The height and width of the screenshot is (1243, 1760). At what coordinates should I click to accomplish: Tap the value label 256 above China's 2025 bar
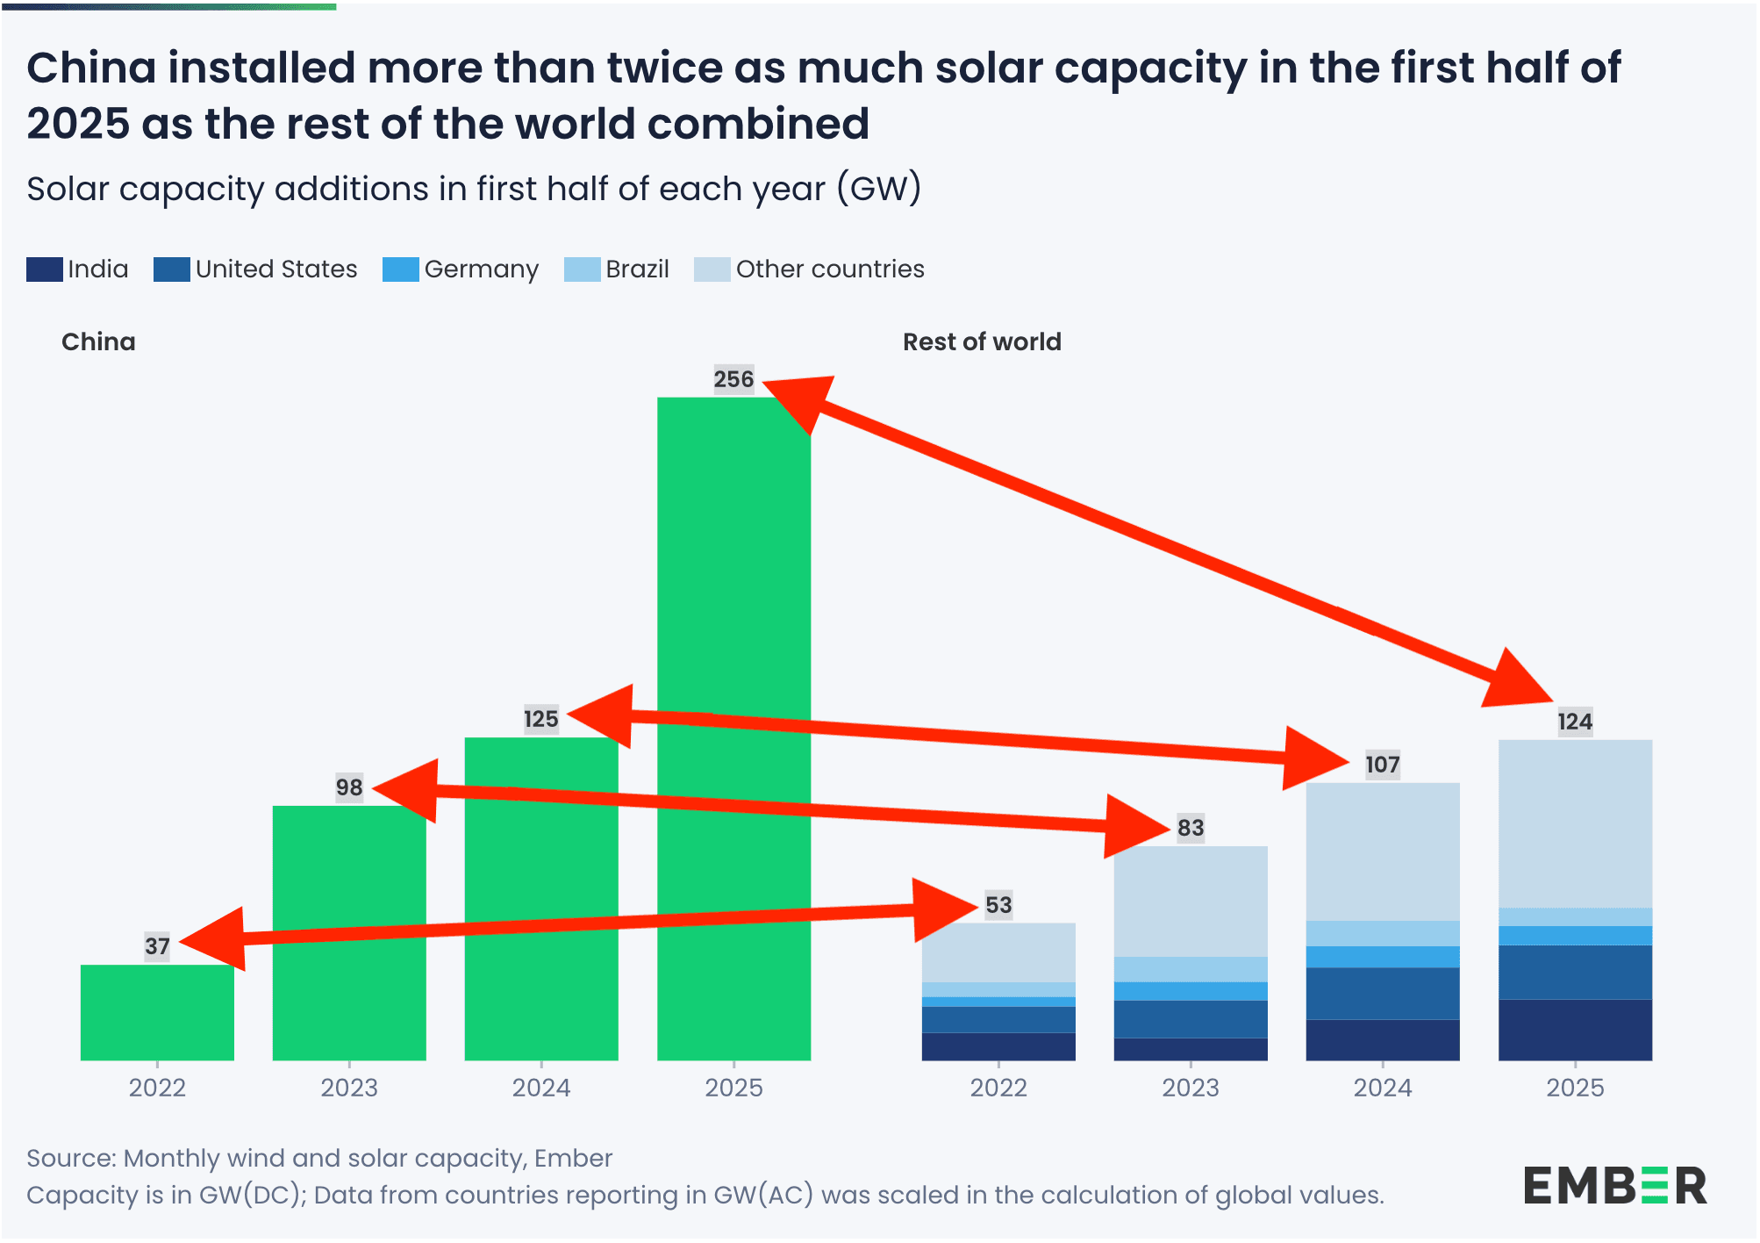point(733,379)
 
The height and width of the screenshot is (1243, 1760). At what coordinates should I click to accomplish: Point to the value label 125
point(540,719)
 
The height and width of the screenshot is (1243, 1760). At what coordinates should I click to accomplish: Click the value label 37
point(157,946)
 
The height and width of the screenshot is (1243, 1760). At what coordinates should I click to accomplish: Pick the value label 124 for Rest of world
point(1575,722)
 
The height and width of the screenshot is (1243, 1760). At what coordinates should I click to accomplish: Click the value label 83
point(1191,828)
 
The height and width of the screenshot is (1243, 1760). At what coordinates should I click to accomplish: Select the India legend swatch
point(45,269)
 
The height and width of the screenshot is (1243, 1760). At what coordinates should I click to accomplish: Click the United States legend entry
point(256,269)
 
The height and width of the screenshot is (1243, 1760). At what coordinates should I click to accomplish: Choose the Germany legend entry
point(461,269)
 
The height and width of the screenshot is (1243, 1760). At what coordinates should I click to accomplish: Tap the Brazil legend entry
point(617,269)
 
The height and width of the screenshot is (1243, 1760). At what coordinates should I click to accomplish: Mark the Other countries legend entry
point(810,269)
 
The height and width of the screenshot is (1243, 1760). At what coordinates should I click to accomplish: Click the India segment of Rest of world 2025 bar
point(1575,1030)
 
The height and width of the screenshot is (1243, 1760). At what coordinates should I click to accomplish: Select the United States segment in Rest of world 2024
point(1383,993)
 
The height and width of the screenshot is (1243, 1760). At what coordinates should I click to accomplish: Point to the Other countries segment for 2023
point(1191,902)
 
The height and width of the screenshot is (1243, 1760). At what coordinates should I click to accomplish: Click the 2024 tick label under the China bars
point(541,1088)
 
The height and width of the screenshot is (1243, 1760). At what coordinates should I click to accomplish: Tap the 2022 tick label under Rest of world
point(998,1088)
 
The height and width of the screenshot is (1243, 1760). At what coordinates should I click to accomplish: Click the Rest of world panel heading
point(982,341)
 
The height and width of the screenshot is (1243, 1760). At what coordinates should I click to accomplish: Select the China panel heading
point(98,341)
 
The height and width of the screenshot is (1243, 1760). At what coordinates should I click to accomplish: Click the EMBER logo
point(1614,1186)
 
